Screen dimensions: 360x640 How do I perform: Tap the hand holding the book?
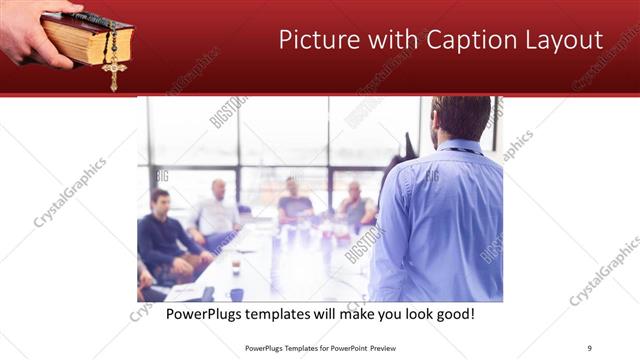coord(30,25)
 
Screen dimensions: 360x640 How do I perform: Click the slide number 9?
coord(589,347)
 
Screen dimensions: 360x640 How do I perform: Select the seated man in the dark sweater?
coord(163,235)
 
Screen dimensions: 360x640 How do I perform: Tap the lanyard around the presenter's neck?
coord(462,150)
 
